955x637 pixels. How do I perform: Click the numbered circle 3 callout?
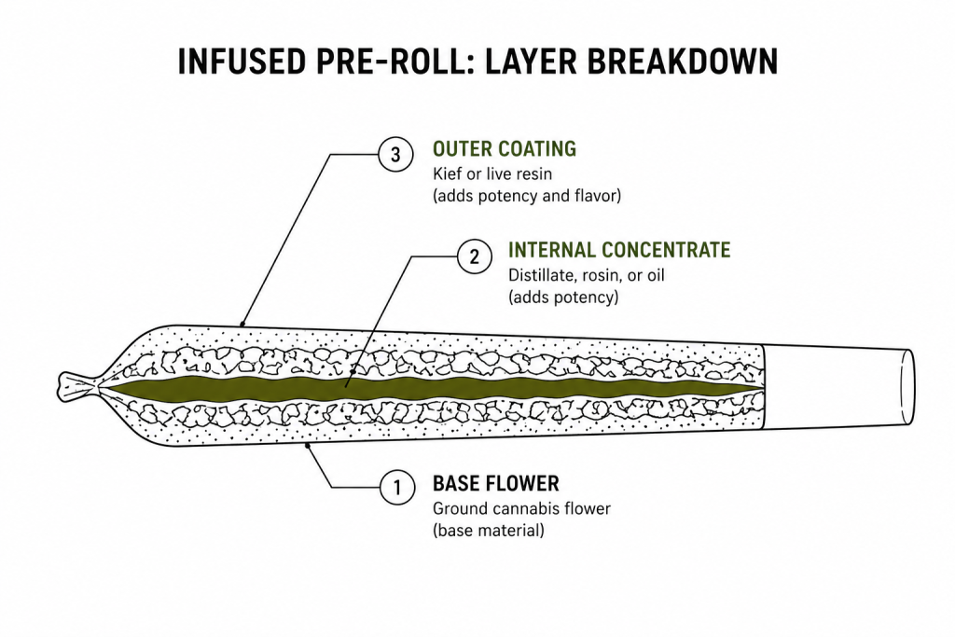click(x=395, y=155)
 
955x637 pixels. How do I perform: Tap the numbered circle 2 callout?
click(x=474, y=256)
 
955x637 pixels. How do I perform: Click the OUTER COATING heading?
click(x=504, y=149)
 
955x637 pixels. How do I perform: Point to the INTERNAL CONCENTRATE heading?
click(x=618, y=250)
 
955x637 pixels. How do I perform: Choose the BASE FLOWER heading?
click(x=495, y=484)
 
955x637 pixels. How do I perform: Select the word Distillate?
click(x=538, y=275)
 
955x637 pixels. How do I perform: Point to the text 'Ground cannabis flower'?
click(x=521, y=509)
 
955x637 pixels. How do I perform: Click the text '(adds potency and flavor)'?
click(x=525, y=197)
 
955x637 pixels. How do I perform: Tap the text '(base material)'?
click(x=488, y=531)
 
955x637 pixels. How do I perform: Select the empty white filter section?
click(x=835, y=387)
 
